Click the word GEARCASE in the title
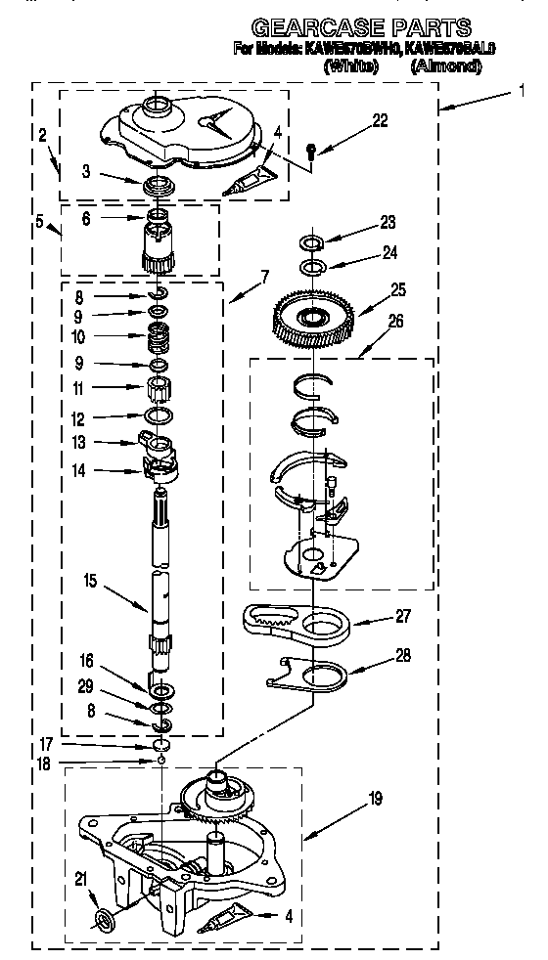tap(308, 26)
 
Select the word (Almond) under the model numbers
tap(446, 66)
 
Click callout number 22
tap(380, 121)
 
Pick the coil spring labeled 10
tap(157, 341)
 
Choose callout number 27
tap(403, 616)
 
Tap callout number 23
tap(388, 221)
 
